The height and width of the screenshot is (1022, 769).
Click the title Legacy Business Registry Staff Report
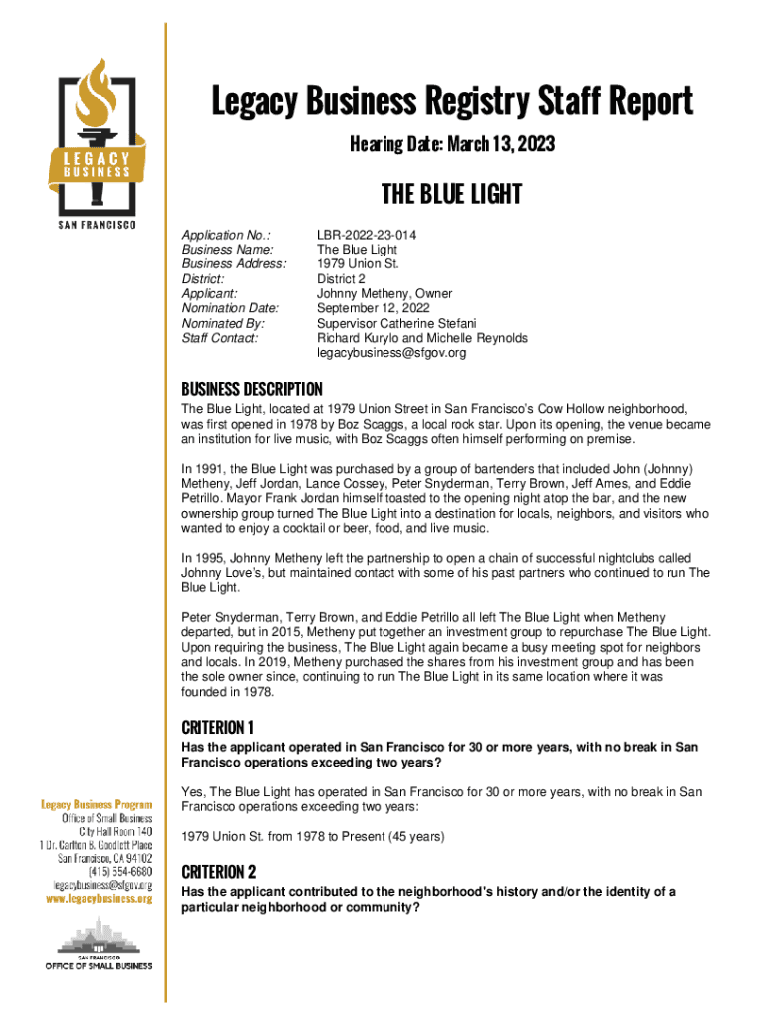coord(450,102)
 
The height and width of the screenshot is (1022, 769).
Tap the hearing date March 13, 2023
coord(451,146)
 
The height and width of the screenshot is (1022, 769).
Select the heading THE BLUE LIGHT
coord(451,194)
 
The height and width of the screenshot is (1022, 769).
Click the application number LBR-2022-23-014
coord(367,235)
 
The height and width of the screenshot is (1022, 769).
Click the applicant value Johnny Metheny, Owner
coord(384,294)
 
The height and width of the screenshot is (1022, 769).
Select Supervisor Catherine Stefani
coord(396,324)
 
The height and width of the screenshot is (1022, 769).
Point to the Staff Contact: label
coord(219,338)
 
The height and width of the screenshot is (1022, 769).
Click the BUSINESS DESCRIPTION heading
coord(251,389)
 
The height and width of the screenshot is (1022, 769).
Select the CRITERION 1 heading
coord(218,726)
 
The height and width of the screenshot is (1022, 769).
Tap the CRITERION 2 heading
coord(219,871)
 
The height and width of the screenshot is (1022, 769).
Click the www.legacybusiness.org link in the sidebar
coord(97,898)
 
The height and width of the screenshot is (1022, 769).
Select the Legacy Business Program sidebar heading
coord(96,804)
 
